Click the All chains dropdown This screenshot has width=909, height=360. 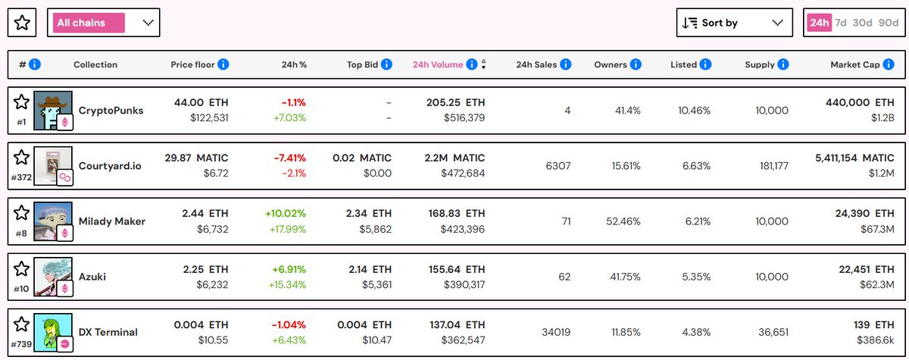pos(103,23)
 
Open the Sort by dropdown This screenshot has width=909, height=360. pos(733,23)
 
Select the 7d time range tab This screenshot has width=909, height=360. pos(840,23)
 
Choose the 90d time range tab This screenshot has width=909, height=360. pos(889,23)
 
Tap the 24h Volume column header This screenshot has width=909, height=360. pos(437,64)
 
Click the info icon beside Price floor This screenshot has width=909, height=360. pos(223,64)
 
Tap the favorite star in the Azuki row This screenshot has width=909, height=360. pos(22,268)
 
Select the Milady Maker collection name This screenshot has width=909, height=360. pos(112,221)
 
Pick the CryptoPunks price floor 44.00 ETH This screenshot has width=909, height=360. pos(201,102)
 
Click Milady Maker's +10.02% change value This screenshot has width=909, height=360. pos(286,213)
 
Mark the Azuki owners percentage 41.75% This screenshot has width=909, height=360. pos(620,277)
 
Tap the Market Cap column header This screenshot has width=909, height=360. pos(854,64)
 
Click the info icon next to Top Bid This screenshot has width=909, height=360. pos(386,64)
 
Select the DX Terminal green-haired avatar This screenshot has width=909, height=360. pos(53,332)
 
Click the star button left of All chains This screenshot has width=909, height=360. pos(22,23)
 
